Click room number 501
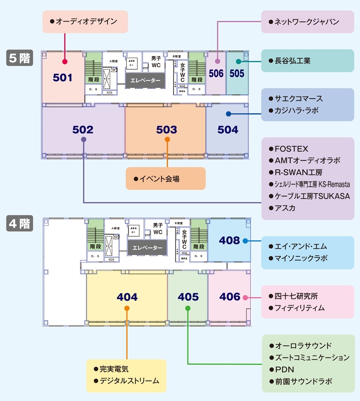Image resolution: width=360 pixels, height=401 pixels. [x=63, y=78]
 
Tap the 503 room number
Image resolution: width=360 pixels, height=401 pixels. [x=167, y=130]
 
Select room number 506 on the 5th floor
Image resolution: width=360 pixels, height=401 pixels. [x=216, y=73]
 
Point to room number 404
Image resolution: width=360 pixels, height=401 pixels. [x=127, y=297]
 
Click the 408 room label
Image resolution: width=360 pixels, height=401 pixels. [x=229, y=241]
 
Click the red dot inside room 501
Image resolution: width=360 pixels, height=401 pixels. [x=65, y=62]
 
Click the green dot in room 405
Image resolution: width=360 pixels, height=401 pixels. [x=188, y=308]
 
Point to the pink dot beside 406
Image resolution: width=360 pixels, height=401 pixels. [x=245, y=297]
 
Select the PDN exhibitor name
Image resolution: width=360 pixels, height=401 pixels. [x=284, y=369]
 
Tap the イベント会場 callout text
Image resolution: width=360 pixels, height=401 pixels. [x=159, y=179]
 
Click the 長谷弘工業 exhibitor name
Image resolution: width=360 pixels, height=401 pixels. [x=292, y=61]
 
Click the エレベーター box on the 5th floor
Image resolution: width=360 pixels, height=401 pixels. [x=145, y=80]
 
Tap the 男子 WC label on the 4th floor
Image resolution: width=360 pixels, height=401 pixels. [x=158, y=229]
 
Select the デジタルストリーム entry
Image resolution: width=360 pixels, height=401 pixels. [x=129, y=381]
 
